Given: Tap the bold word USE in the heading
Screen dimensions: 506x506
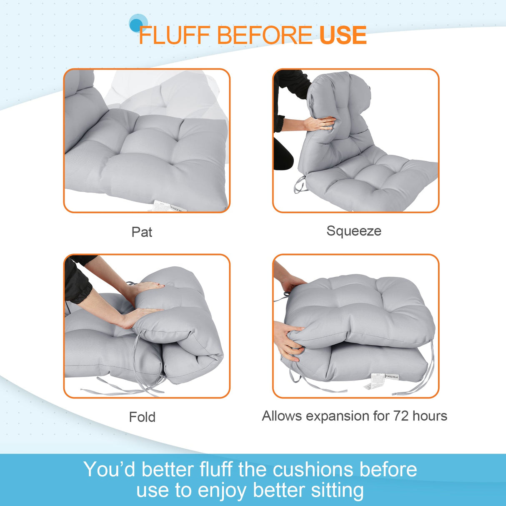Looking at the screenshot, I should tap(343, 35).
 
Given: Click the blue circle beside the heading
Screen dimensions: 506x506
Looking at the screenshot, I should tap(137, 24).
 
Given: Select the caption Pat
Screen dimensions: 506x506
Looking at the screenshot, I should tap(142, 232).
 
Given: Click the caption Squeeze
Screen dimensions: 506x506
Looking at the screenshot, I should tap(353, 231).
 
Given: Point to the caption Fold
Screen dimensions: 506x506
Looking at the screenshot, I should tap(142, 417).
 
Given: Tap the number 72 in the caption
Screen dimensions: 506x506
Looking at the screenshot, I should tap(400, 416).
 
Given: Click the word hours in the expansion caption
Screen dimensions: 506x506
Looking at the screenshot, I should tap(430, 416).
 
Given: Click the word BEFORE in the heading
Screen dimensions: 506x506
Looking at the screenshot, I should tap(264, 35).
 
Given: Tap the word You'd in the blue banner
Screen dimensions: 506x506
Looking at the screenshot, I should tap(109, 470).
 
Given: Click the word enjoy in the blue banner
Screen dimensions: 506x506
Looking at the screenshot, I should tap(222, 491).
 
